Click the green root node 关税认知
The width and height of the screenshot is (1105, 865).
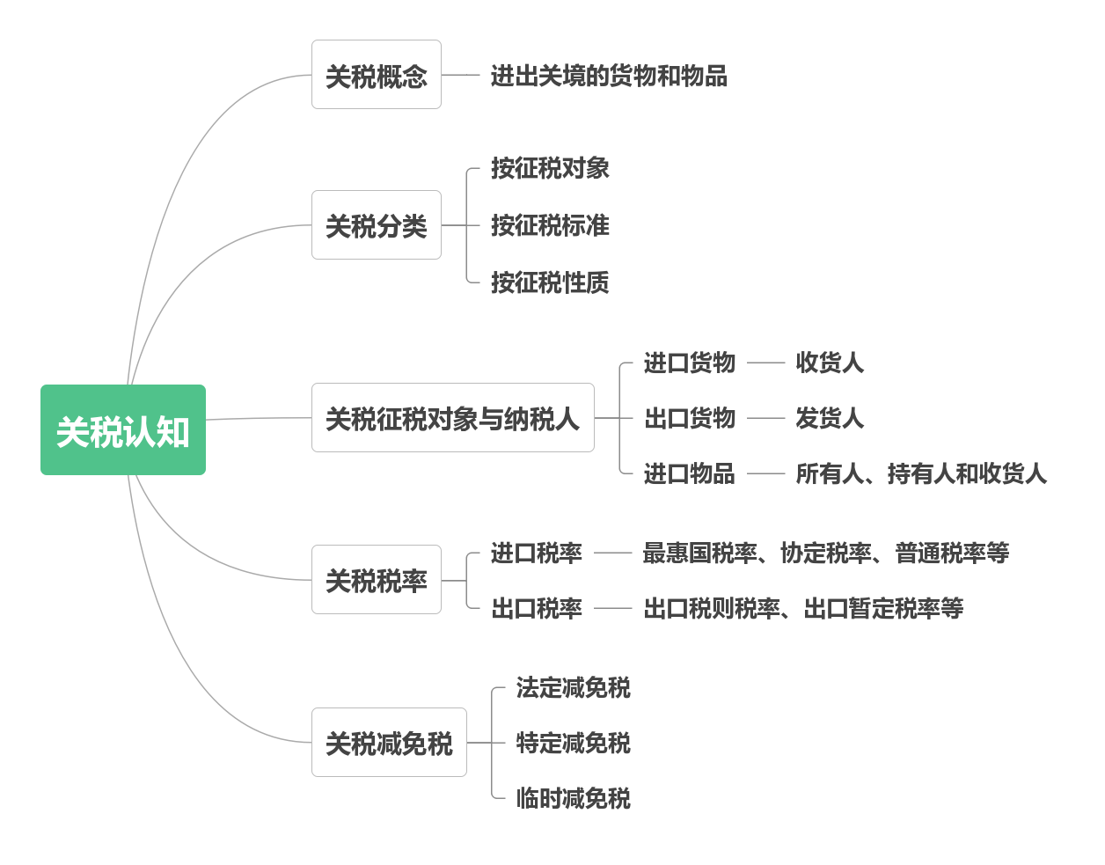pos(123,430)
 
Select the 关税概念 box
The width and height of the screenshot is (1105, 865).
pos(377,75)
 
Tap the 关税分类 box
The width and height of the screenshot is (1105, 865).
pos(377,225)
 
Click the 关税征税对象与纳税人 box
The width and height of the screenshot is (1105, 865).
pos(453,418)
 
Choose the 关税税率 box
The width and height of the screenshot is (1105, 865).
pos(377,580)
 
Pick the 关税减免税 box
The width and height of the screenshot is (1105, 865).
pos(389,743)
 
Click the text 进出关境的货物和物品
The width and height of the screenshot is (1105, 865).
pos(609,76)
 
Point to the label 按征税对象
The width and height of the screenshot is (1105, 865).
pos(550,168)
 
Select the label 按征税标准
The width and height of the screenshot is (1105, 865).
pos(550,225)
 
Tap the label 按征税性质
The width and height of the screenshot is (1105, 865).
pos(550,282)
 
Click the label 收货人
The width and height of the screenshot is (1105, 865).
pos(830,363)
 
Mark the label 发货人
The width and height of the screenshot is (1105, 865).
pos(830,418)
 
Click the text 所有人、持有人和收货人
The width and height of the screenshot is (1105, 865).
pos(921,473)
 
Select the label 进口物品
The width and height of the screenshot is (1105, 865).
pos(690,473)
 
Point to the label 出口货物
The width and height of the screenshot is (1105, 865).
pos(690,418)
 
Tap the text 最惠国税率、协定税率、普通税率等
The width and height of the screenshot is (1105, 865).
pos(826,553)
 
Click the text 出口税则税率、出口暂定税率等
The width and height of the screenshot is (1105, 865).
pos(804,608)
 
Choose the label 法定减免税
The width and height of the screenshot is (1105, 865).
pos(574,687)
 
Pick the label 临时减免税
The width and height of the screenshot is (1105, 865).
pos(574,798)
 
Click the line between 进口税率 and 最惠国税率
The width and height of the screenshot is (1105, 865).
pos(613,553)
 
